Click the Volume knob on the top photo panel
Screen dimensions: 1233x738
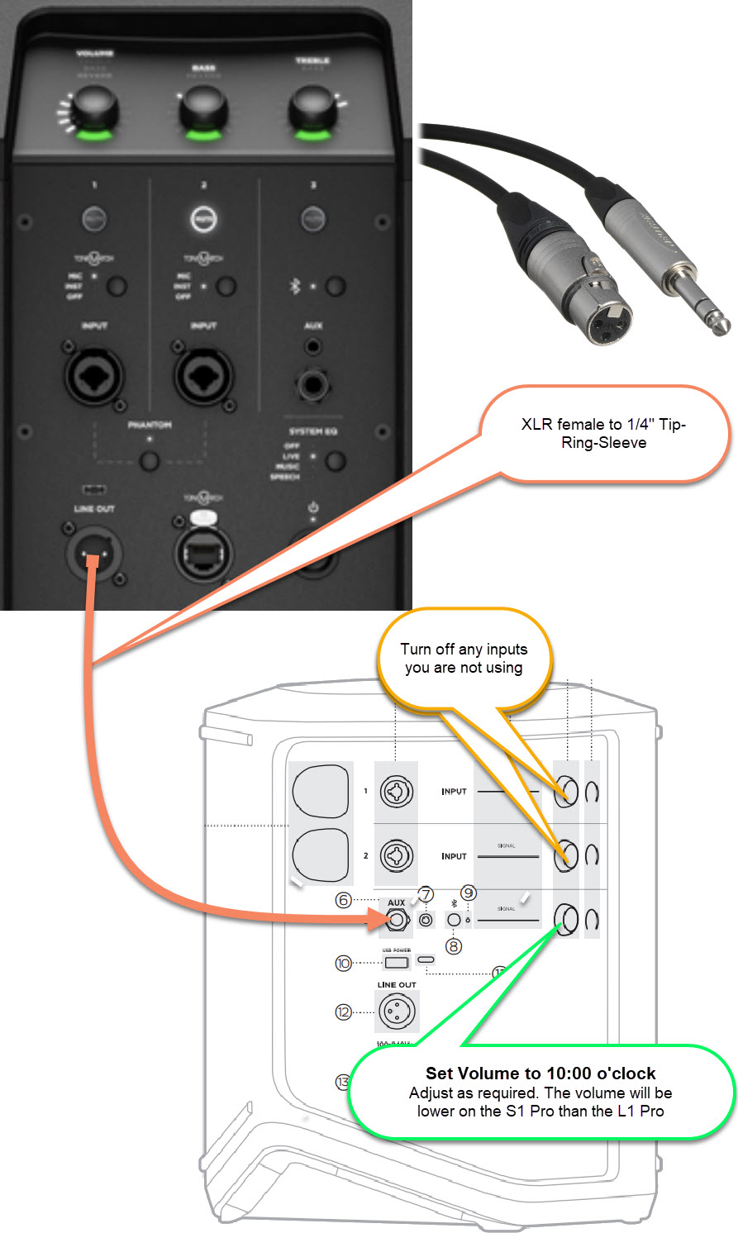pos(93,111)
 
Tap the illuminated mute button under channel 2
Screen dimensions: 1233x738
pos(203,218)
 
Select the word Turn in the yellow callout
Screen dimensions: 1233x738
pos(417,650)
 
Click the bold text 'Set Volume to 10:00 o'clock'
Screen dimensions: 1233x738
pos(540,1074)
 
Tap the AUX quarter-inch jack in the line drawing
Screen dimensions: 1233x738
pos(398,919)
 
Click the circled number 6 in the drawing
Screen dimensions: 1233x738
pos(344,900)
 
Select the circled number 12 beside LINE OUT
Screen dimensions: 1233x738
pos(344,1012)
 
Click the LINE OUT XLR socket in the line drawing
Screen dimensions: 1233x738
pos(397,1011)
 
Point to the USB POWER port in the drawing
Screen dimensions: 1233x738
pos(397,963)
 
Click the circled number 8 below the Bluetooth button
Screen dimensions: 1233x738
pos(453,946)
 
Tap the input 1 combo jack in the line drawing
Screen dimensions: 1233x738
pos(396,792)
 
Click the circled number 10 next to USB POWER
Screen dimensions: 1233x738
pos(344,963)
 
